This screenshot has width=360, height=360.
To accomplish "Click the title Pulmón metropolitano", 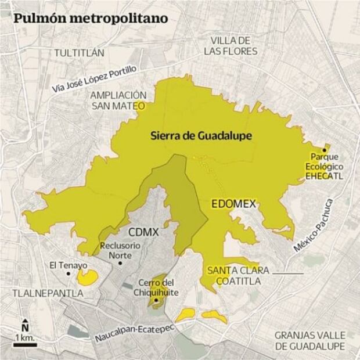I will (x=91, y=17).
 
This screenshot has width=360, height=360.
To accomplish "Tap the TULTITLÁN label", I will (x=79, y=52).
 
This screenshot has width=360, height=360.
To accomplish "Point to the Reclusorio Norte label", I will (x=120, y=250).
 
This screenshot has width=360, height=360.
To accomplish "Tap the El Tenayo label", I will (x=68, y=265).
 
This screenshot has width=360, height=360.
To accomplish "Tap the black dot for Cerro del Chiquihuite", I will (x=156, y=302).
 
